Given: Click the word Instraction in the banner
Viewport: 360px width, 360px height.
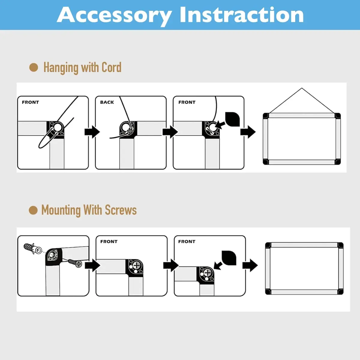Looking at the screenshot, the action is point(241,15).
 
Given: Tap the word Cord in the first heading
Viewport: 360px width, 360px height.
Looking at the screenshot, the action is point(111,67).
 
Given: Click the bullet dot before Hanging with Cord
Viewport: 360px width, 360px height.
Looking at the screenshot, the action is point(34,67).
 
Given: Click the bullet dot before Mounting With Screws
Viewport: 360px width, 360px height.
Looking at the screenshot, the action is point(33,210).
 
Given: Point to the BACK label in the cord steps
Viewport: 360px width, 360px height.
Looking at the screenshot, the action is point(107,102).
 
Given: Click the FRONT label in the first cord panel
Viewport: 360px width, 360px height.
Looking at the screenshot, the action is point(31,102).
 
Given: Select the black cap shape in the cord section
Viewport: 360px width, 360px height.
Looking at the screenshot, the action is point(232,119).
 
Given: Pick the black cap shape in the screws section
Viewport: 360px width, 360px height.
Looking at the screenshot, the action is point(229,258).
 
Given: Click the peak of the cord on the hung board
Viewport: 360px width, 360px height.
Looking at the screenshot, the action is point(302,88).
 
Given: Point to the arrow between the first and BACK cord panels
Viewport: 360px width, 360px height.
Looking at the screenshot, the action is point(92,132).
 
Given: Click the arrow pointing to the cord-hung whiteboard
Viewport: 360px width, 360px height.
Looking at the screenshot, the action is point(248,132).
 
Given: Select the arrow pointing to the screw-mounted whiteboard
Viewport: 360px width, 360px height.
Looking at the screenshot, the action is point(250,265).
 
